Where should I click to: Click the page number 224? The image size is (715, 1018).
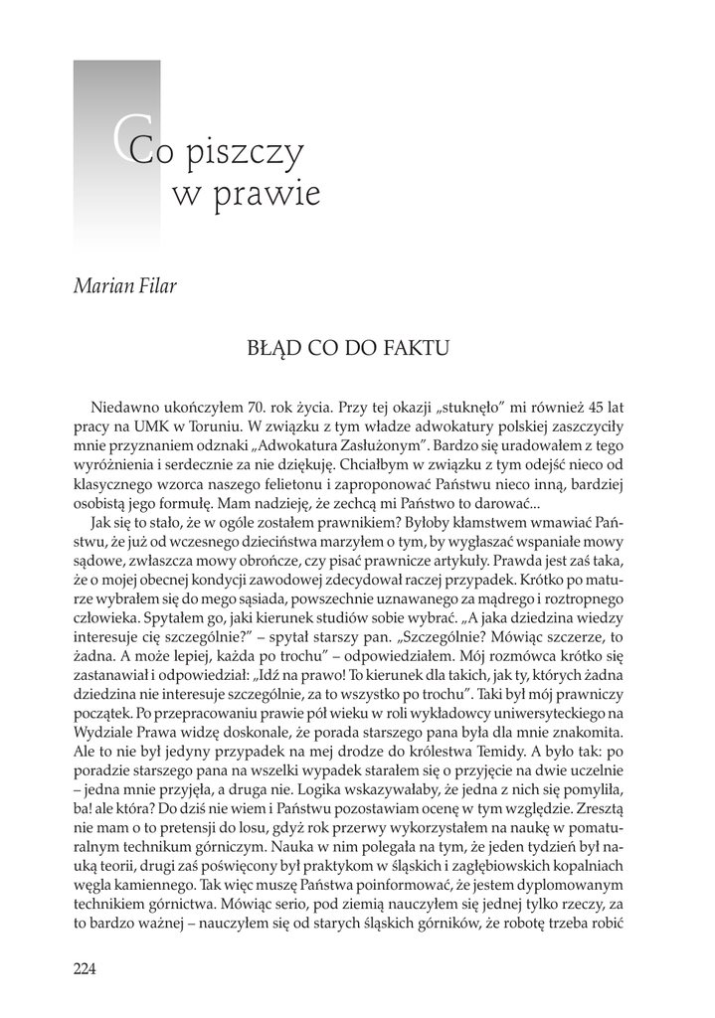tap(85, 969)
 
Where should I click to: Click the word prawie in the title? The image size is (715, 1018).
tap(275, 194)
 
